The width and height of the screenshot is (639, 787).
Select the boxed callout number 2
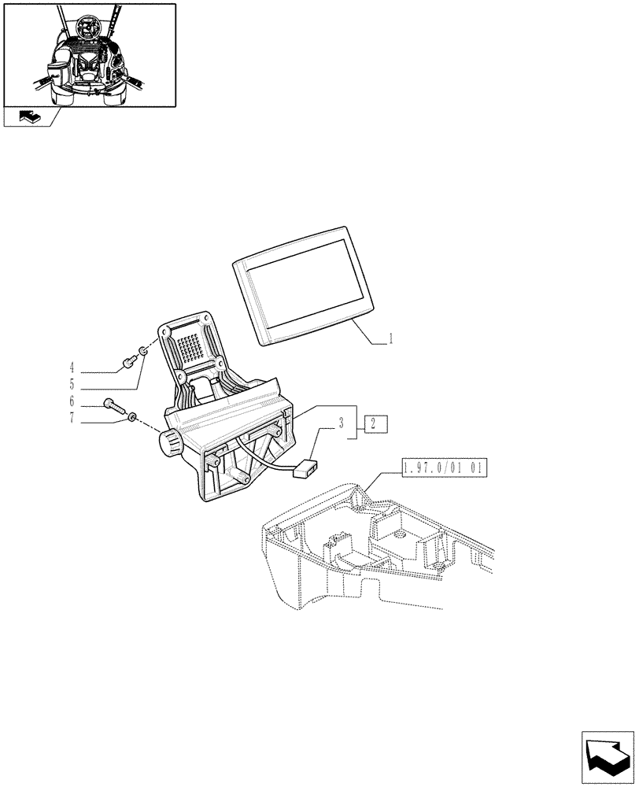point(375,424)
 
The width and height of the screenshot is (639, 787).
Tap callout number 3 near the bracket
point(342,423)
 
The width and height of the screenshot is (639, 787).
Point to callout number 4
point(72,367)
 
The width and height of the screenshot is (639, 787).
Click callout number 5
point(72,386)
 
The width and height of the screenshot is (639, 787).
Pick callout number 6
point(72,401)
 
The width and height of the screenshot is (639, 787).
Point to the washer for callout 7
point(133,417)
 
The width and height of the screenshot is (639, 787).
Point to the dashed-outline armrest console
point(370,551)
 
